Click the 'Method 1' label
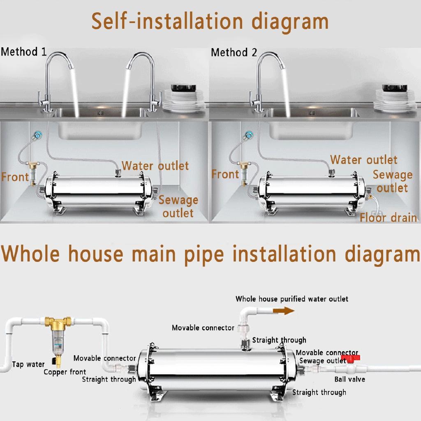click(23, 52)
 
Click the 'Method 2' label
click(234, 53)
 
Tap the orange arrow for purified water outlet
click(283, 311)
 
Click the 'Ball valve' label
click(349, 379)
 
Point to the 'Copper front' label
click(65, 372)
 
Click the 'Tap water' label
click(28, 364)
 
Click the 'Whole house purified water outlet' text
click(291, 299)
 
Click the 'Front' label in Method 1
click(15, 177)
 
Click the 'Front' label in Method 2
click(225, 174)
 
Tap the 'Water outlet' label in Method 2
click(363, 160)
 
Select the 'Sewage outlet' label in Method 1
click(178, 206)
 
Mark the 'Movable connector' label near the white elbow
click(203, 328)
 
